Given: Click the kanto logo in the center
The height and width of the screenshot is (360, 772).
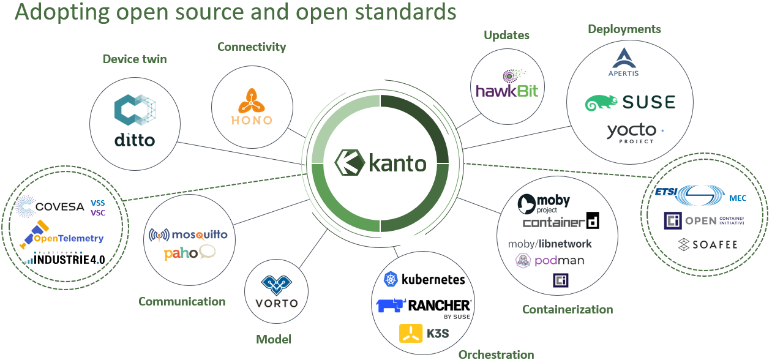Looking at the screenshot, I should (380, 163).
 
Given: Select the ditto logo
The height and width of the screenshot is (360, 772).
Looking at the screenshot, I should (135, 120).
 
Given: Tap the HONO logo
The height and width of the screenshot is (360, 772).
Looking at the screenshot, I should (252, 107).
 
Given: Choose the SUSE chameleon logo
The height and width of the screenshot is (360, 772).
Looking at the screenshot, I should (630, 102).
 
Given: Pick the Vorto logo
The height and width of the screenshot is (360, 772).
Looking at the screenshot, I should (275, 291).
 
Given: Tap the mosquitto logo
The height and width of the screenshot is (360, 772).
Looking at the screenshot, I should (189, 234).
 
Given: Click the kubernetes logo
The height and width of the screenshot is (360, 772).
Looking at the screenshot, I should (424, 280).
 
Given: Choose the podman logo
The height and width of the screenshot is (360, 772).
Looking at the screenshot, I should (550, 261).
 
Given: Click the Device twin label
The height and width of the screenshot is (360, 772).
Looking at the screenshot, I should (135, 59).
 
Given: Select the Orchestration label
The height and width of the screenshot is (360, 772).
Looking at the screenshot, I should (496, 354).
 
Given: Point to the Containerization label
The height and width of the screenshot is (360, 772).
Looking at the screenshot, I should (568, 309).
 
